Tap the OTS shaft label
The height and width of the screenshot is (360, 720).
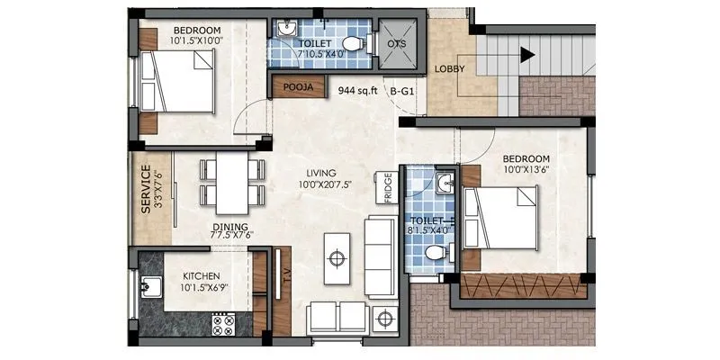[x=397, y=43]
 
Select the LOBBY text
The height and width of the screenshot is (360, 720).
[x=449, y=69]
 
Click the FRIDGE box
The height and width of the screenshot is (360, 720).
[x=388, y=188]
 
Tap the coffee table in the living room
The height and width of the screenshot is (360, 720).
[x=337, y=256]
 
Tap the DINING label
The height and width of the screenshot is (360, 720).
[x=231, y=227]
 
